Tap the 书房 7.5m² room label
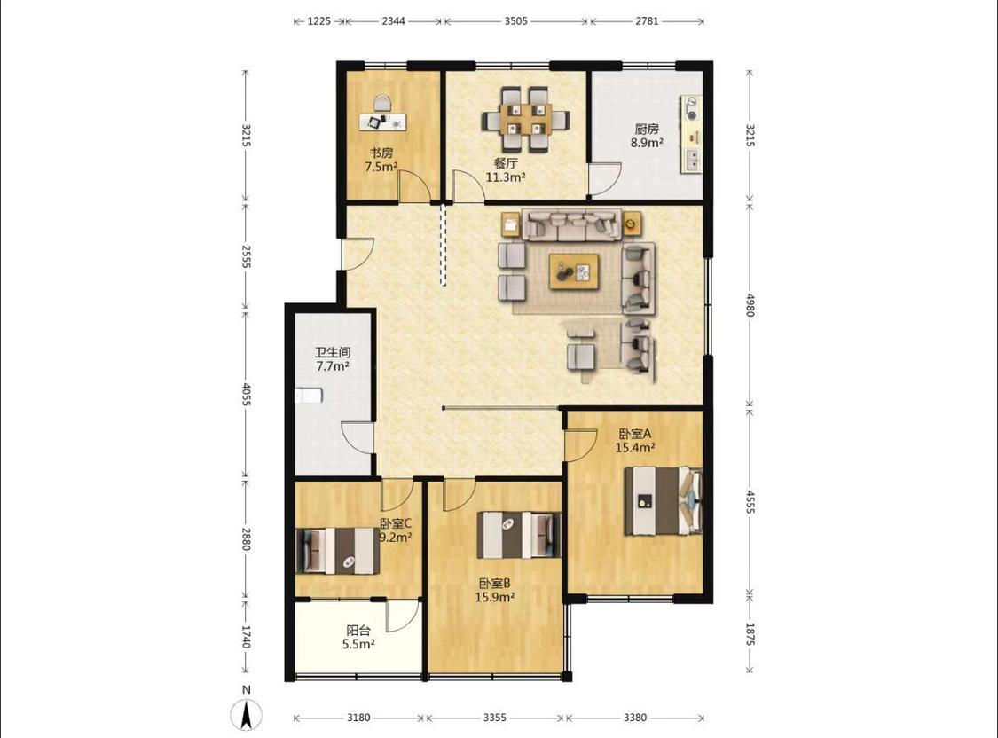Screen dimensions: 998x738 point(381,160)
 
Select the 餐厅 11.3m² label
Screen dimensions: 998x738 point(506,170)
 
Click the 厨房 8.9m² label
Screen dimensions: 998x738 point(647,136)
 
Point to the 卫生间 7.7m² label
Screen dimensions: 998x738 point(333,359)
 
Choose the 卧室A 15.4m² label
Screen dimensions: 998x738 point(635,440)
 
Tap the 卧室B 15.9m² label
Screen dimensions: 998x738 point(494,590)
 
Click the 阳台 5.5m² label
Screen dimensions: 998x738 point(358,637)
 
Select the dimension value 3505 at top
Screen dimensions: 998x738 point(515,21)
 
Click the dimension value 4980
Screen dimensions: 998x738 point(750,305)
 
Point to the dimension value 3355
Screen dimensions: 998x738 point(494,718)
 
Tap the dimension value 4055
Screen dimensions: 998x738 point(247,393)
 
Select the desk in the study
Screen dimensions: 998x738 point(382,122)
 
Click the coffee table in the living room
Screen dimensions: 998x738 point(575,271)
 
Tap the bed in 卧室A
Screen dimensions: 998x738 point(663,501)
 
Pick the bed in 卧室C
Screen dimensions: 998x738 point(337,551)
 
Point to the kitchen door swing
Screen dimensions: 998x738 point(605,178)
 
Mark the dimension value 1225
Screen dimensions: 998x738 point(319,21)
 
